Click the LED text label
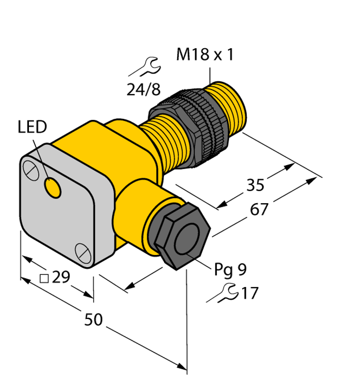(32, 127)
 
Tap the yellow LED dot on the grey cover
(52, 188)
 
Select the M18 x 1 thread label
(205, 55)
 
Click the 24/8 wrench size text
(143, 89)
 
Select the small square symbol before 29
(44, 278)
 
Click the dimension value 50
(93, 319)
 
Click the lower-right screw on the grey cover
(81, 250)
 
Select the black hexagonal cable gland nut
(180, 236)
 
